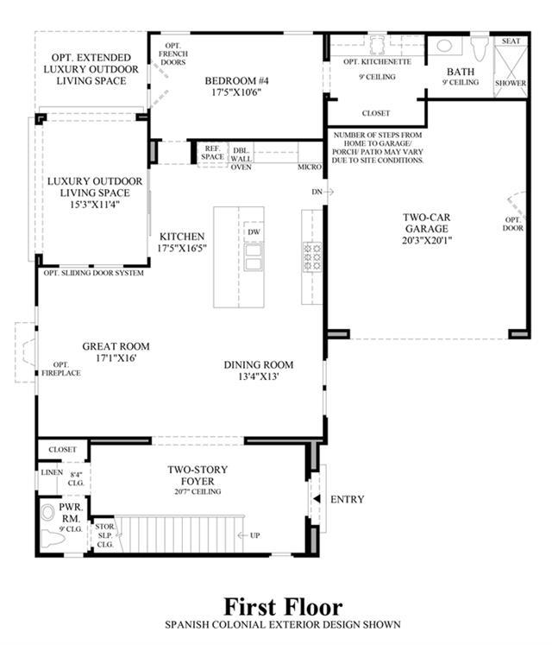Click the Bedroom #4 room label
tap(236, 86)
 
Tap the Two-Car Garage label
tap(427, 229)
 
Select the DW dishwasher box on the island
tap(254, 232)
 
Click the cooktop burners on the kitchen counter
tap(312, 256)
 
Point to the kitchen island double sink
tap(254, 257)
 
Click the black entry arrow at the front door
tap(317, 499)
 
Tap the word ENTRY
tap(348, 499)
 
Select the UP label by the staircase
tap(254, 535)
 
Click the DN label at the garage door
tap(317, 192)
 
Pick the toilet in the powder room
tap(53, 539)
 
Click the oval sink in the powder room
tap(48, 513)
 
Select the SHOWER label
tap(511, 83)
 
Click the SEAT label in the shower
tap(511, 41)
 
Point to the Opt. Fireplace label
tap(61, 369)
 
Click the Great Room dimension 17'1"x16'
tap(116, 357)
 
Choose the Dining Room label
tap(259, 365)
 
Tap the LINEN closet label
tap(52, 472)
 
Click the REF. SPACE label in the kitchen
tap(212, 153)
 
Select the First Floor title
tap(283, 607)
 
